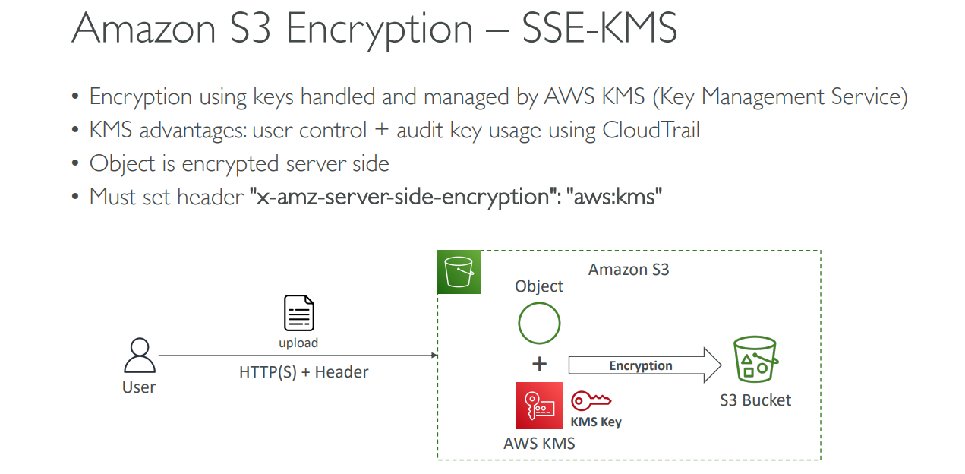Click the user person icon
[139, 355]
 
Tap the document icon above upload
[298, 314]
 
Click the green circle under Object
[539, 323]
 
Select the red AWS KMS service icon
[539, 406]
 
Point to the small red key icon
[591, 401]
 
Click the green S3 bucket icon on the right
[755, 359]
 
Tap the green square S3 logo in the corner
[459, 272]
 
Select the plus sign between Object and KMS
[539, 364]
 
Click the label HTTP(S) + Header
[304, 372]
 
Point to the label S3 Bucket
[755, 400]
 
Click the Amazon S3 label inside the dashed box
[629, 270]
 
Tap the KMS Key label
[596, 422]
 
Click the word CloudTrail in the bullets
[651, 130]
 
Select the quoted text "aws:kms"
[617, 196]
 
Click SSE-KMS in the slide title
[599, 29]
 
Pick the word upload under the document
[298, 343]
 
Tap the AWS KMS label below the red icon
[539, 444]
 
